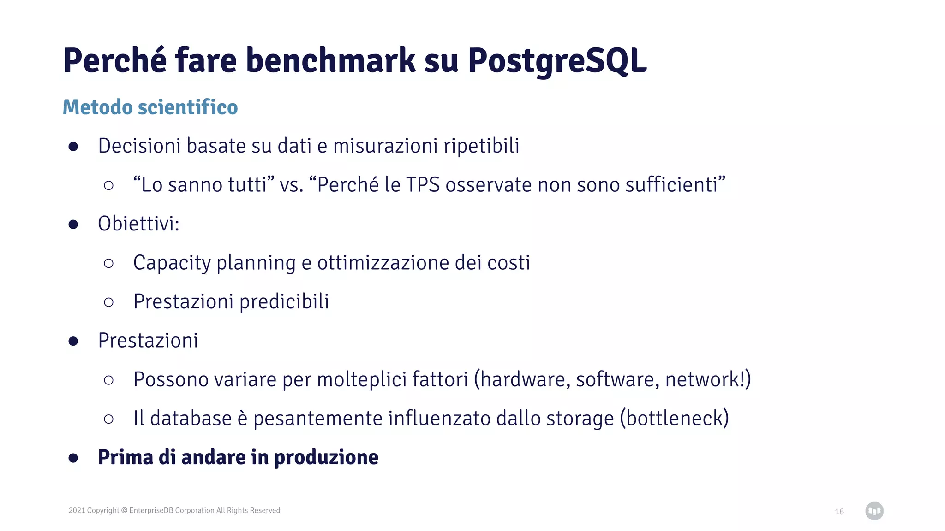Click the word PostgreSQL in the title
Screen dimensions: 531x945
557,61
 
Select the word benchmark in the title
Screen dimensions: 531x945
330,61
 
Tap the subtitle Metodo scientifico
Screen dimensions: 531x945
150,107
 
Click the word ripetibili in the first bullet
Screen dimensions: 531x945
481,146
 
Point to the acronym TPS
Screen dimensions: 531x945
423,185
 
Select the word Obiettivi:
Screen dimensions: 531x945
138,224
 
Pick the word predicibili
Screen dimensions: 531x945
284,302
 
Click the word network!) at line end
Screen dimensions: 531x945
708,380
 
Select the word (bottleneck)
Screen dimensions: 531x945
674,419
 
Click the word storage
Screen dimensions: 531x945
580,419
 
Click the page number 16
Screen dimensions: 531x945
839,512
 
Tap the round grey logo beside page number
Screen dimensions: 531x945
874,511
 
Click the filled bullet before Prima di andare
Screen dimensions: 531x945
73,458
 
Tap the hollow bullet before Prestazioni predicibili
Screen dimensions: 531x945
108,302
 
